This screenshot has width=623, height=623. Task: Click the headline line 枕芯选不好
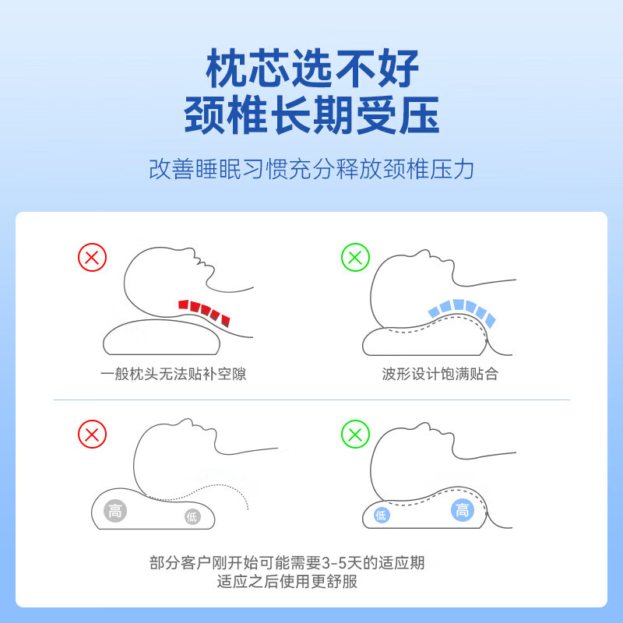(x=311, y=69)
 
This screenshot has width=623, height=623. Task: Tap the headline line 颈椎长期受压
(x=311, y=115)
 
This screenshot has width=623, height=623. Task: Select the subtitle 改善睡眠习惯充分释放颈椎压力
(x=311, y=169)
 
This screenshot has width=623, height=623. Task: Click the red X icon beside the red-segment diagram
(x=92, y=257)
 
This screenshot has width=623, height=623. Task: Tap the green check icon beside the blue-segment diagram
(x=355, y=257)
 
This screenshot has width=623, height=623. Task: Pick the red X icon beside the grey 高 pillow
(x=92, y=434)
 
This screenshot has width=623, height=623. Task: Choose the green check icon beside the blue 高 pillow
(x=355, y=434)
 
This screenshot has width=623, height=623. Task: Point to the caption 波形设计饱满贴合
(x=439, y=374)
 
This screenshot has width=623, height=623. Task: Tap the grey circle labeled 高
(x=115, y=511)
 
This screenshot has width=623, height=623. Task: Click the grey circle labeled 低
(x=192, y=516)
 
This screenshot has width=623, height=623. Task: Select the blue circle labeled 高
(x=462, y=510)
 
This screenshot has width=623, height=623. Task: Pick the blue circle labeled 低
(x=381, y=515)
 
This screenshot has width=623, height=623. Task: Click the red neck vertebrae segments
(x=204, y=310)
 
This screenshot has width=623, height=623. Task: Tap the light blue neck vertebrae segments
(x=460, y=309)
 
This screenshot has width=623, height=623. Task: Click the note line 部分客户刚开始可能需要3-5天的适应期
(x=287, y=562)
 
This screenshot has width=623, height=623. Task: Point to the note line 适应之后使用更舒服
(x=287, y=581)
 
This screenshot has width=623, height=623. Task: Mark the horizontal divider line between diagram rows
(x=311, y=400)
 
